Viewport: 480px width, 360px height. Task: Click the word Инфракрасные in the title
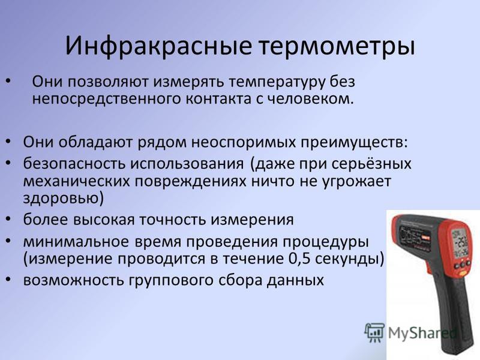click(x=158, y=46)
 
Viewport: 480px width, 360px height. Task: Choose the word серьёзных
click(x=371, y=164)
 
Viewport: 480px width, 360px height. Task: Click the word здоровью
click(x=64, y=199)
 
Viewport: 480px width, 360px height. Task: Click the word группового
click(x=170, y=280)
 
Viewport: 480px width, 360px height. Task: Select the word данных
click(x=295, y=280)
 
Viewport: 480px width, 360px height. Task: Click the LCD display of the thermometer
click(x=460, y=244)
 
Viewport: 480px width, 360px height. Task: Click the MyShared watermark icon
click(x=374, y=332)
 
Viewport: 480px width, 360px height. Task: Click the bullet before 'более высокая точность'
click(x=8, y=219)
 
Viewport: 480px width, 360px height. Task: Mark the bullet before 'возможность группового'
click(x=8, y=280)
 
